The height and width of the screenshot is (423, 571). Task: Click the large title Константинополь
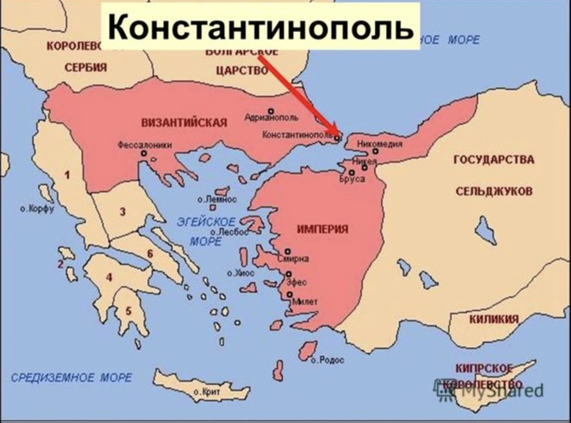(x=260, y=27)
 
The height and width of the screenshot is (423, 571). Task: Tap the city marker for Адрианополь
(x=271, y=111)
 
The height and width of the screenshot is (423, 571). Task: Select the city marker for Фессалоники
(x=144, y=153)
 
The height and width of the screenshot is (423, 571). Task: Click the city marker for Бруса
(x=352, y=173)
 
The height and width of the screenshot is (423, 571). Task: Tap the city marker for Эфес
(x=288, y=274)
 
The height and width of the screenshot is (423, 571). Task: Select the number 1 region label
(x=67, y=175)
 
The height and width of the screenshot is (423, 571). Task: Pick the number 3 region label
(x=122, y=212)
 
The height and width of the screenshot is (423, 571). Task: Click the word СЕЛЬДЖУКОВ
(x=494, y=191)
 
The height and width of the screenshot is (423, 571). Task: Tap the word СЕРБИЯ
(x=86, y=67)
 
